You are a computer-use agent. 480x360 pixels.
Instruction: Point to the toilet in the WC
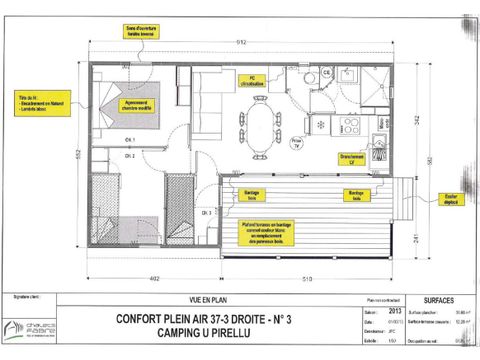click(x=327, y=75)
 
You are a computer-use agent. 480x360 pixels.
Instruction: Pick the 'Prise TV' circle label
click(x=296, y=143)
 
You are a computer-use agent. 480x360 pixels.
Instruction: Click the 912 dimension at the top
click(x=240, y=43)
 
